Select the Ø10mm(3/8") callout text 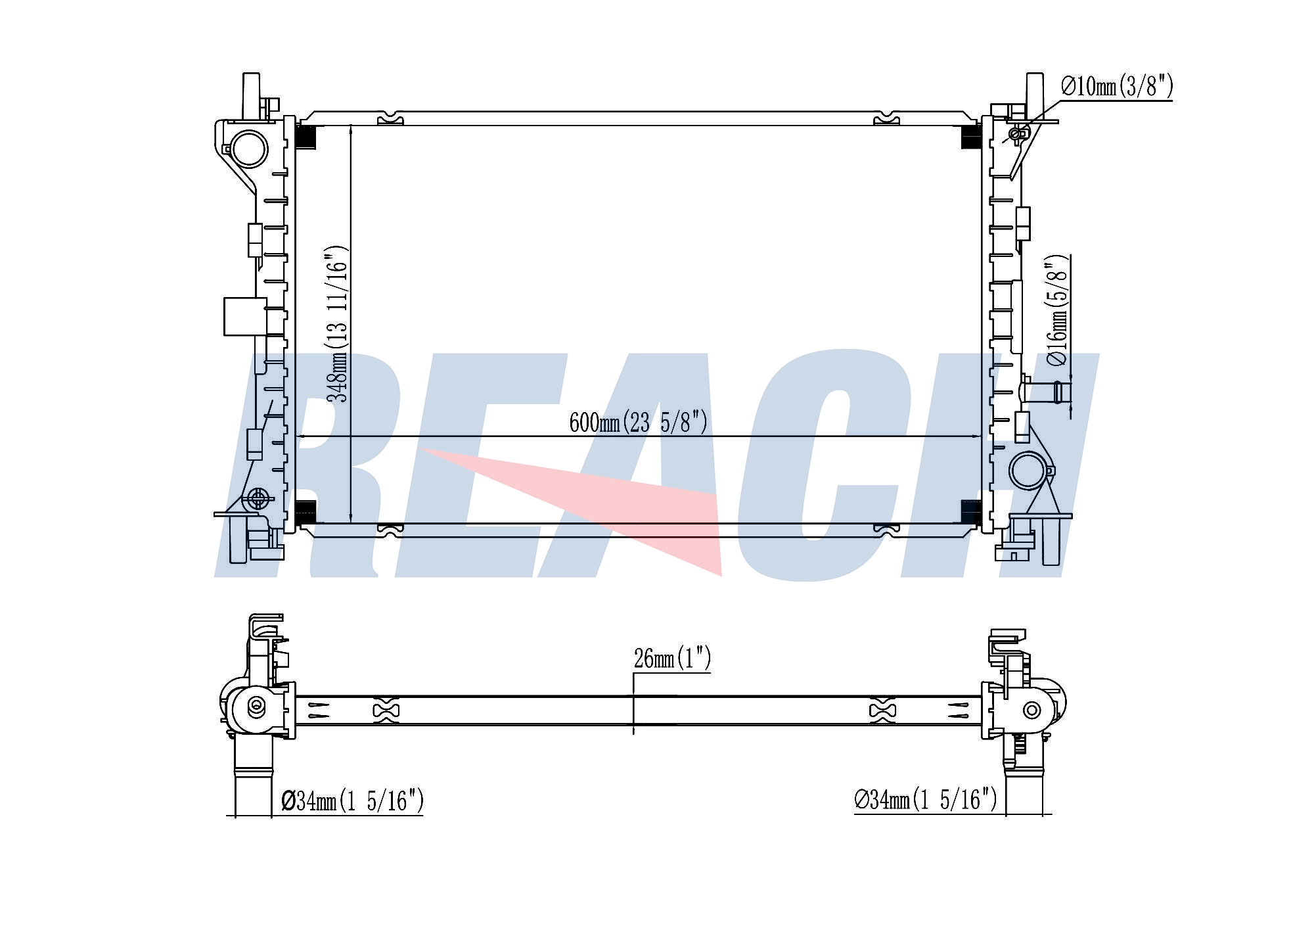point(1117,86)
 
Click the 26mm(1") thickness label point(672,658)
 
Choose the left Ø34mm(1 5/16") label point(353,801)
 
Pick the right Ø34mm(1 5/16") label point(926,799)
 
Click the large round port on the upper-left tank point(248,149)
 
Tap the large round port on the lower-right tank point(1027,471)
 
